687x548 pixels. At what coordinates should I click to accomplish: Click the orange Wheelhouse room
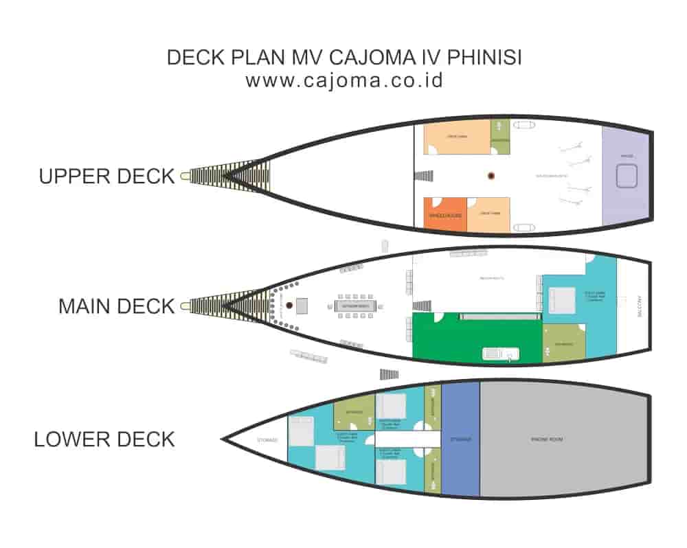coord(445,214)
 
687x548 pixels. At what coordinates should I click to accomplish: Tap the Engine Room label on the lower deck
coord(548,439)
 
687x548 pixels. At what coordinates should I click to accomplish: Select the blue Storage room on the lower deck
coord(460,439)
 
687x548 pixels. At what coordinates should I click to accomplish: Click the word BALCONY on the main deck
coord(638,306)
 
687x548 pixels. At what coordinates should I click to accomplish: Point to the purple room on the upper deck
coord(625,176)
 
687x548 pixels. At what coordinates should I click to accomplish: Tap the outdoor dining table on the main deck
coord(354,306)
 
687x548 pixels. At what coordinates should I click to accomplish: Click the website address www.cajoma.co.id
coord(344,80)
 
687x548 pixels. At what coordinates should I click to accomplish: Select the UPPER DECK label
coord(106,176)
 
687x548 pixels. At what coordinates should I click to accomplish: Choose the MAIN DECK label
coord(116,306)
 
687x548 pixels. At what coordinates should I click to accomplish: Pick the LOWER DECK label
coord(104,439)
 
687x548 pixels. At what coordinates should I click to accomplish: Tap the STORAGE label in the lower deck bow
coord(267,439)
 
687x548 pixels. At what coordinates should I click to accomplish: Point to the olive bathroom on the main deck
coord(563,343)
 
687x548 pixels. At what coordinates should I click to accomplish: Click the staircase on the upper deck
coord(425,176)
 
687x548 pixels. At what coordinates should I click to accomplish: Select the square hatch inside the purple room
coord(627,177)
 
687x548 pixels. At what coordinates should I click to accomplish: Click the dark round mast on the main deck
coord(290,305)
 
